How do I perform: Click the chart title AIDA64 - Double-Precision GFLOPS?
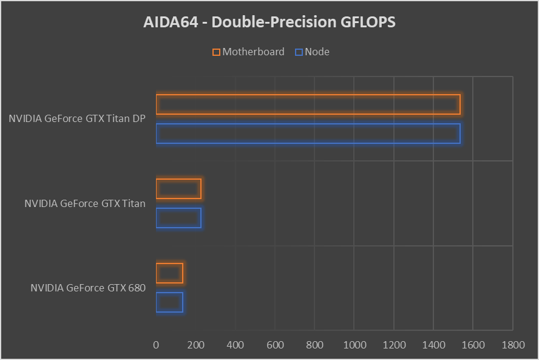click(x=269, y=22)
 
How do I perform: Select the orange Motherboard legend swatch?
click(x=216, y=52)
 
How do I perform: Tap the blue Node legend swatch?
click(x=299, y=52)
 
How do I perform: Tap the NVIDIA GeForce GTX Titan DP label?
click(x=77, y=118)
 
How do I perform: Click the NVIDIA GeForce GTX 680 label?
click(x=88, y=288)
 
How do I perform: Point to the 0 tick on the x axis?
click(x=156, y=345)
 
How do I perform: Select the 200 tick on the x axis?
click(x=195, y=345)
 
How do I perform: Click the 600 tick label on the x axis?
click(x=275, y=345)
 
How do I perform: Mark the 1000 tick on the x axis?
click(x=354, y=345)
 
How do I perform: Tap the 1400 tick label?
click(x=434, y=345)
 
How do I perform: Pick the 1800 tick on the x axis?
click(x=514, y=345)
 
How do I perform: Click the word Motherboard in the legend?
click(x=253, y=52)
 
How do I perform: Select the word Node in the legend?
click(x=317, y=52)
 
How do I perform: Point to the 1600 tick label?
click(x=473, y=345)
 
